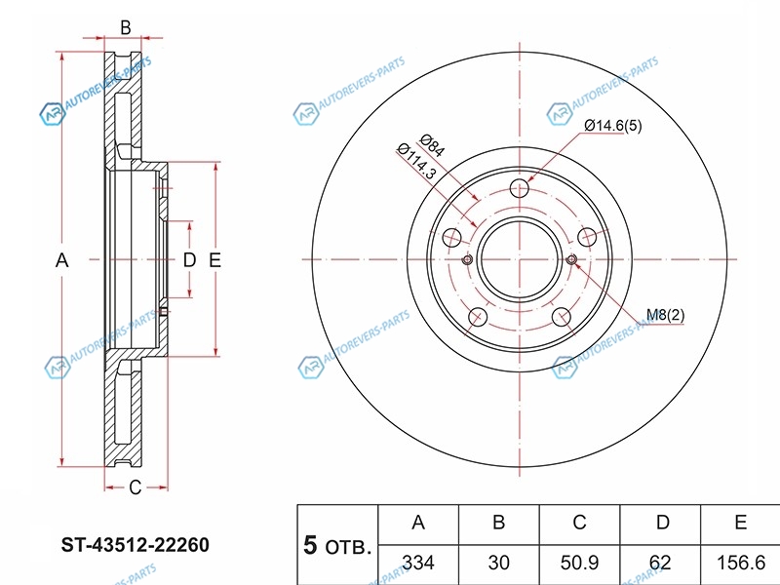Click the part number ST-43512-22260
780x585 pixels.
(135, 545)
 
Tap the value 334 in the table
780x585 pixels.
(418, 563)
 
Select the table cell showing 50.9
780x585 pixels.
(579, 563)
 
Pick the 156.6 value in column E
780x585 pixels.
(741, 563)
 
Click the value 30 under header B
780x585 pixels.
(499, 563)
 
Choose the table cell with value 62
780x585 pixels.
(660, 563)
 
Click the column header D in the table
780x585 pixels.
(662, 522)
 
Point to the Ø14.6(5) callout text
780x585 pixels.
(613, 126)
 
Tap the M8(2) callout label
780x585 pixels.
(665, 315)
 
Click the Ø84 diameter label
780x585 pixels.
(432, 145)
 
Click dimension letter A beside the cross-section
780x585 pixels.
(61, 259)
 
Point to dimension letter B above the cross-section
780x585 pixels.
(126, 28)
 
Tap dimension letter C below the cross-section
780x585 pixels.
(136, 487)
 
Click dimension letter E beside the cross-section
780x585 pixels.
(214, 259)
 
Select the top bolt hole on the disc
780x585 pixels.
(520, 188)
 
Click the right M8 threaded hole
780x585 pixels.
(572, 259)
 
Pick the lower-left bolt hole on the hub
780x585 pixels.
(477, 316)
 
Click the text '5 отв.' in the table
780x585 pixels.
(337, 546)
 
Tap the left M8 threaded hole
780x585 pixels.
(467, 259)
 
